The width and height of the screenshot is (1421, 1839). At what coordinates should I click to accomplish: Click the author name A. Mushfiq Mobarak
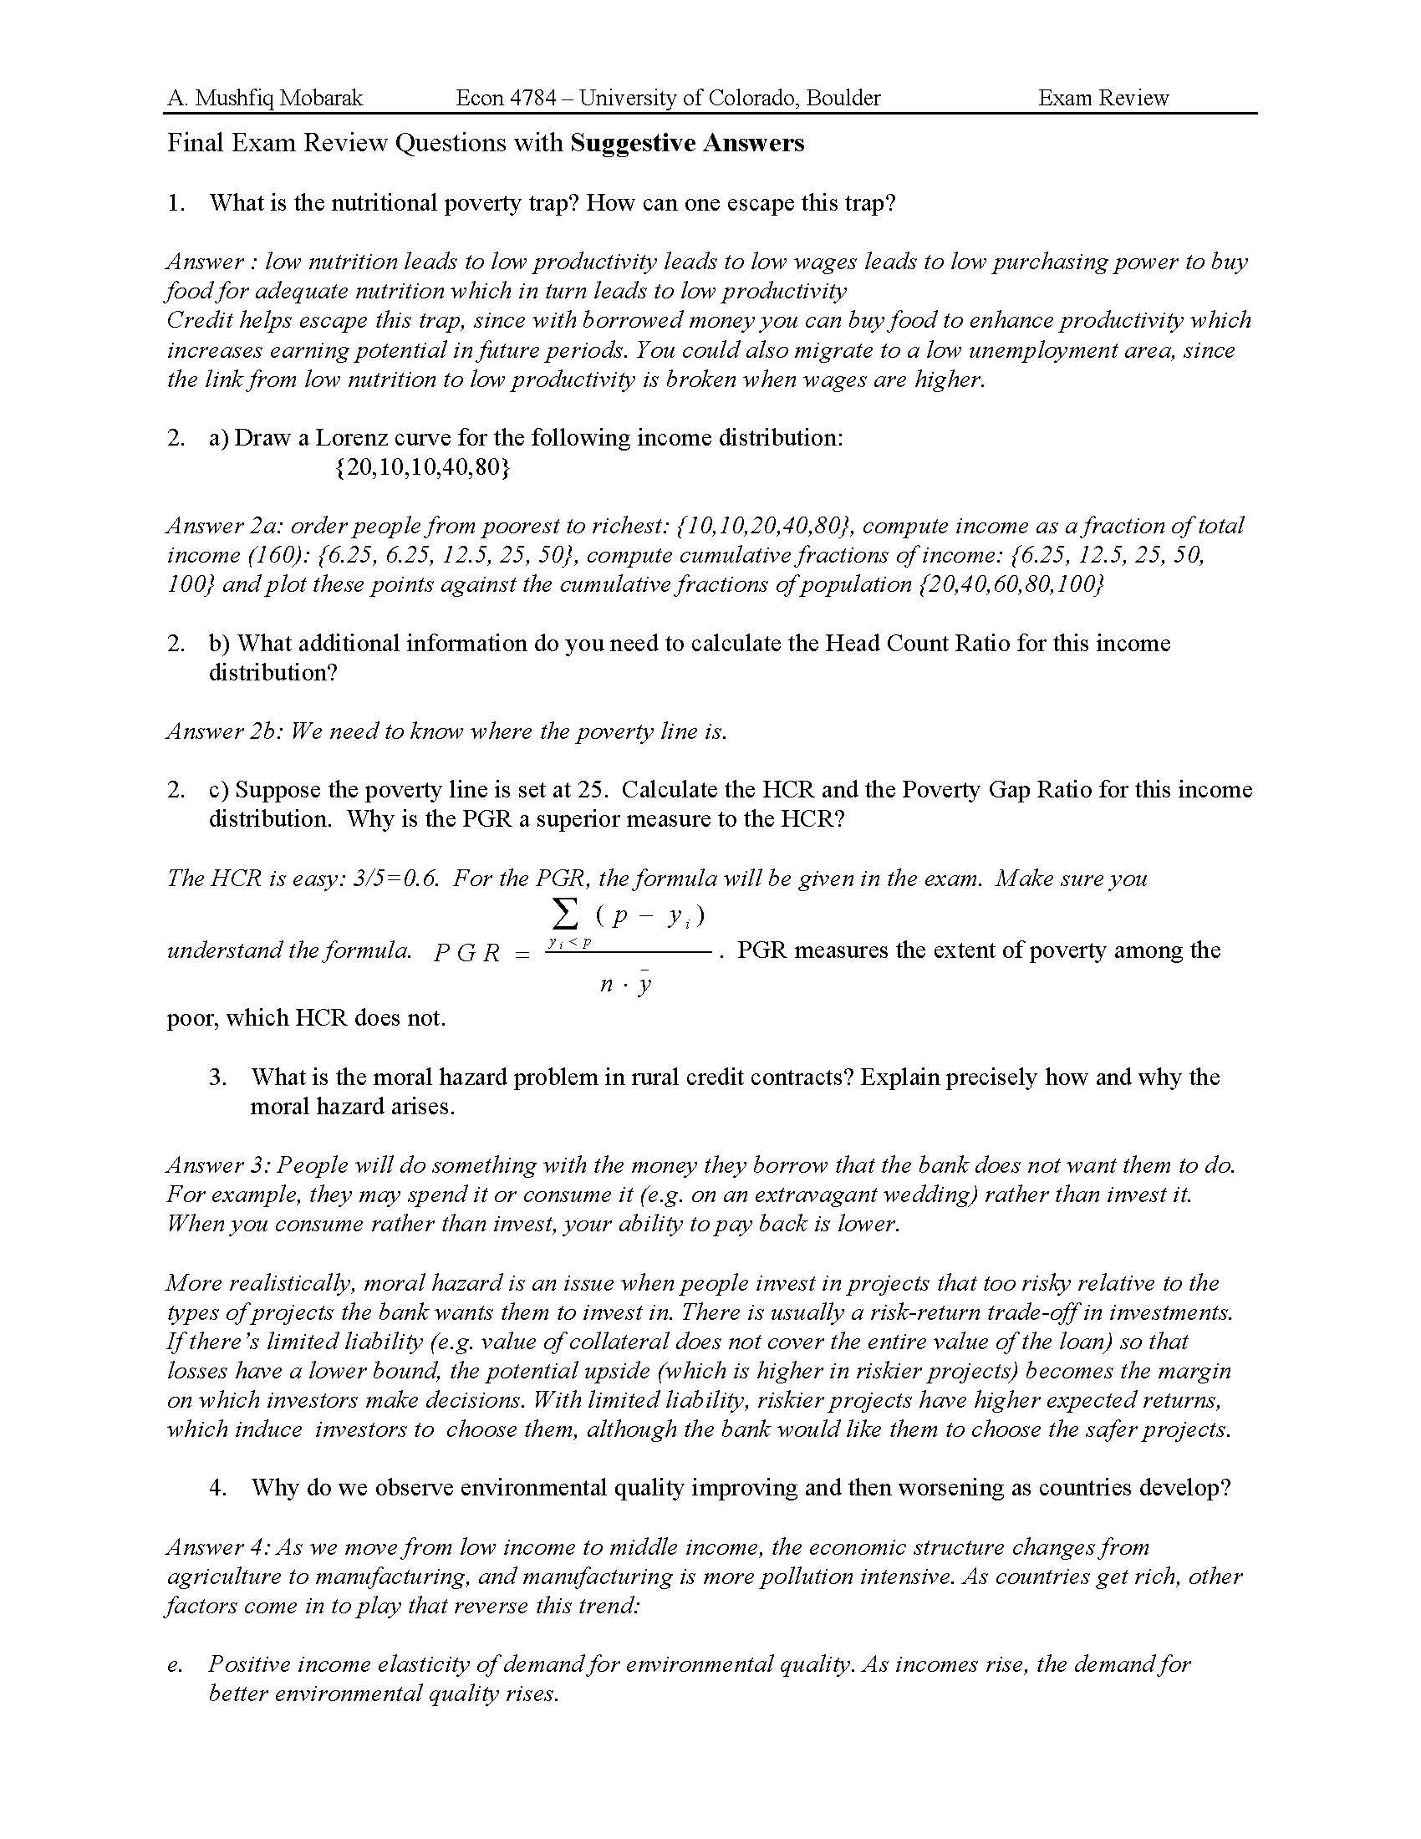tap(264, 99)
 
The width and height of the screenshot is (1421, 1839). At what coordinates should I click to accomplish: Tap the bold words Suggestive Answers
tap(687, 143)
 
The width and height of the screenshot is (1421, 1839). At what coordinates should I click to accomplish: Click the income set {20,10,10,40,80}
tap(422, 467)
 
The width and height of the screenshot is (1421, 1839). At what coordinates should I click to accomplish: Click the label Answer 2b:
tap(225, 731)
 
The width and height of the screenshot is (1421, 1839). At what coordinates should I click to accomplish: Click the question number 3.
tap(218, 1077)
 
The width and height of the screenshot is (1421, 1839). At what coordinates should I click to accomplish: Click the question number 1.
tap(175, 203)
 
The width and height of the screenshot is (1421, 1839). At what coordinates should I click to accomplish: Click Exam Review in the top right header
tap(1103, 99)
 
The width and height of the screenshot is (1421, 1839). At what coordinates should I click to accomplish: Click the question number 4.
tap(218, 1488)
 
